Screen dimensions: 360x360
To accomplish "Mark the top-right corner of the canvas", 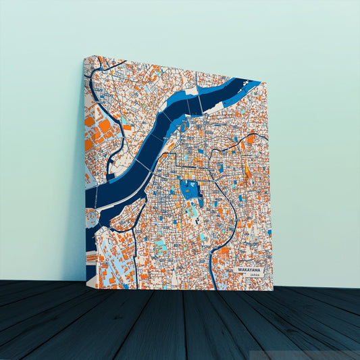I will (x=267, y=82).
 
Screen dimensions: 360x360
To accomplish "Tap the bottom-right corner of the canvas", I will (x=273, y=290).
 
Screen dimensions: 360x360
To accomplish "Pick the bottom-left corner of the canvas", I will (x=86, y=282).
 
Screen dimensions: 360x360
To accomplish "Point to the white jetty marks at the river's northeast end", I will (x=250, y=84).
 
